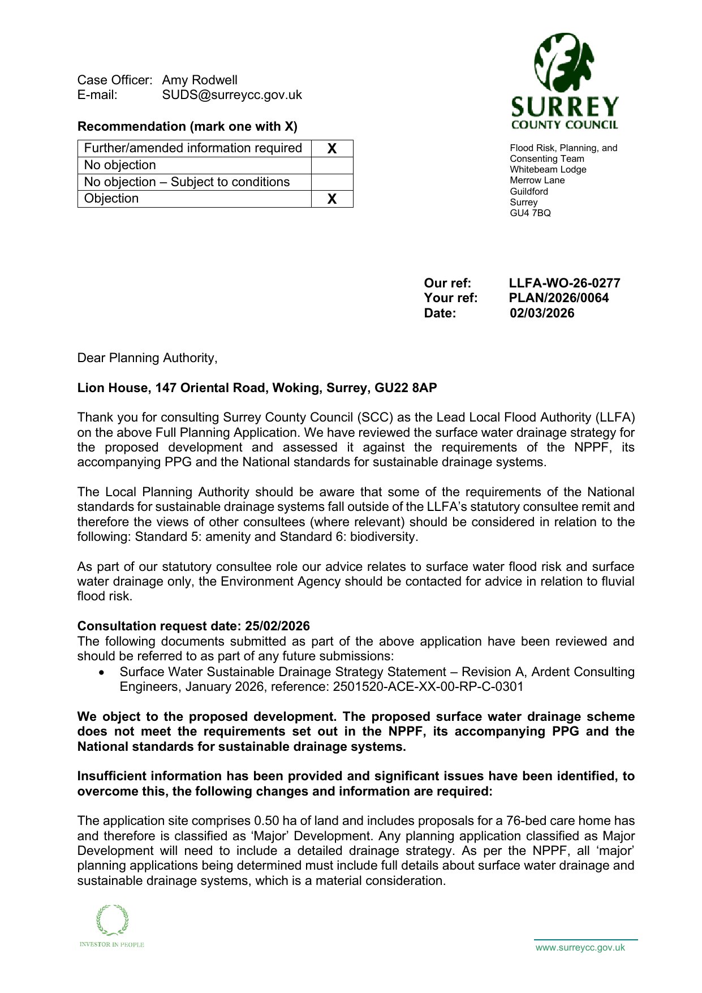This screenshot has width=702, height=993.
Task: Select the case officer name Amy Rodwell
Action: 200,80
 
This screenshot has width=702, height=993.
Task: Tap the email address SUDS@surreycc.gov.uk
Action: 232,94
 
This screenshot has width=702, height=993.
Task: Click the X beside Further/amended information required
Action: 332,148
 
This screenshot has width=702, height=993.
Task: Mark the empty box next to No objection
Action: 332,165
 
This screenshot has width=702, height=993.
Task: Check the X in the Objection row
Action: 332,199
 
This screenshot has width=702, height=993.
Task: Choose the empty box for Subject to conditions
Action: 332,182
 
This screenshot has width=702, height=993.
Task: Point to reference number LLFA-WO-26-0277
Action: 564,283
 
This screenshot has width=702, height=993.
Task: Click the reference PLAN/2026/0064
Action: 558,298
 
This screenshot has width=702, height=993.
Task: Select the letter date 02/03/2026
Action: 541,313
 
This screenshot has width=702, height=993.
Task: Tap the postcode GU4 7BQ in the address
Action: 530,213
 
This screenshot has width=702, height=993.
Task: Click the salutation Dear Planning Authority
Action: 147,358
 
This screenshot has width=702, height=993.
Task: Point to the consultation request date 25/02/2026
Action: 277,626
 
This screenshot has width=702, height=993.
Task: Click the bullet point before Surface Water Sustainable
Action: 101,672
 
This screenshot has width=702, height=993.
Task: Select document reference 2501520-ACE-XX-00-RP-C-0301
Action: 428,686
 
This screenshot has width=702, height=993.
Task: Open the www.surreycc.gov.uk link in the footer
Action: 580,947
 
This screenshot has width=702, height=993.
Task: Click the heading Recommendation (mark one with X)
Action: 187,126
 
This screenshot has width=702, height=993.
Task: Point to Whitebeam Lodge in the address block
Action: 540,169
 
